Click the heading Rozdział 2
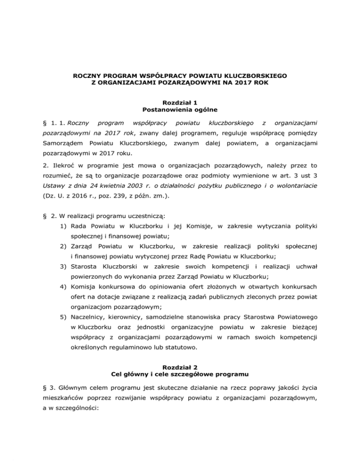pyautogui.click(x=180, y=367)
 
